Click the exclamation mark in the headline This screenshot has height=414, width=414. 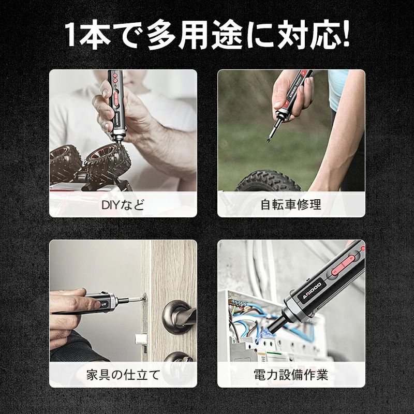click(344, 34)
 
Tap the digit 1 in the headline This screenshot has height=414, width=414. click(70, 34)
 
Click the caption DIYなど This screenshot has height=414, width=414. click(123, 204)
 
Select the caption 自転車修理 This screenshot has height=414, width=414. click(291, 204)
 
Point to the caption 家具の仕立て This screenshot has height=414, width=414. click(123, 375)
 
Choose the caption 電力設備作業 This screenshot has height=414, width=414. click(291, 375)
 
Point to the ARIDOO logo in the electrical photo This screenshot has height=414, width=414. click(312, 291)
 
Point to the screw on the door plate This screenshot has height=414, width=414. click(144, 299)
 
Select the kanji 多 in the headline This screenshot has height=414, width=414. click(161, 34)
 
